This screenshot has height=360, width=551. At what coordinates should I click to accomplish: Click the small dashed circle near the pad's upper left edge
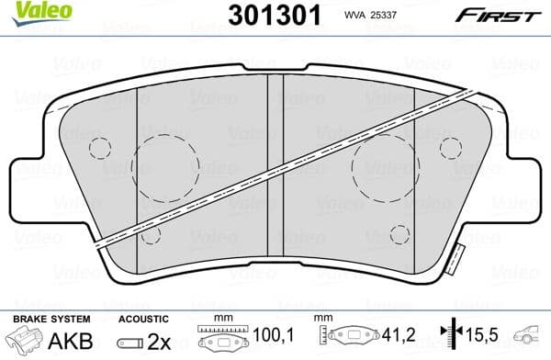tap(99, 148)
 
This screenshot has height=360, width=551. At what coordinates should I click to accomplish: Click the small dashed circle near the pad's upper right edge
tap(451, 148)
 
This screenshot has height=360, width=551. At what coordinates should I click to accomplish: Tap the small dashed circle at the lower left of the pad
tap(152, 235)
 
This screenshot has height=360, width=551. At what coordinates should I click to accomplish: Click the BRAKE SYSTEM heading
tap(40, 318)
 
